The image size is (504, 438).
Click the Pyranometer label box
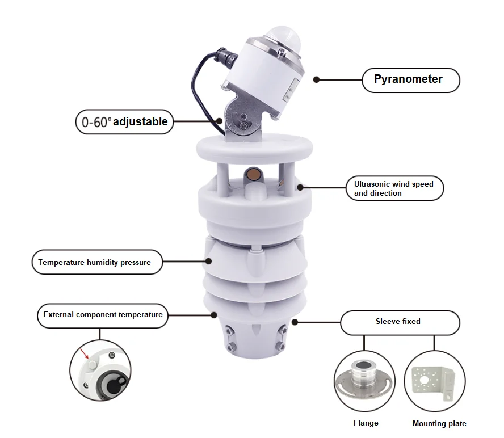click(x=410, y=79)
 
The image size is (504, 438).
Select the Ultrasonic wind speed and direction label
click(x=394, y=188)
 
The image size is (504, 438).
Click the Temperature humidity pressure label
click(x=95, y=262)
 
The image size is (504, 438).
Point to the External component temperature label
click(x=103, y=314)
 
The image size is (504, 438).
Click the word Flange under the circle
click(x=366, y=423)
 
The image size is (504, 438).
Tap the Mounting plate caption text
click(x=439, y=423)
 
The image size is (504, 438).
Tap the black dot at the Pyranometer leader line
click(x=317, y=80)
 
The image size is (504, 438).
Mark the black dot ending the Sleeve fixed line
click(x=295, y=322)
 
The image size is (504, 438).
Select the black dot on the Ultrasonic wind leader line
click(x=300, y=187)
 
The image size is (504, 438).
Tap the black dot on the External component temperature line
click(x=214, y=315)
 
